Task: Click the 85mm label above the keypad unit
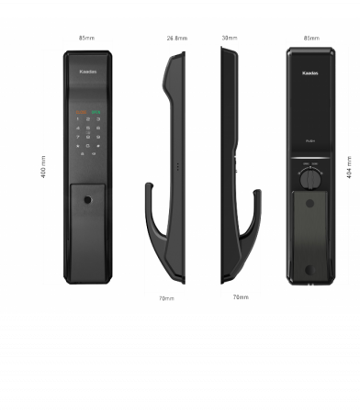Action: tap(88, 39)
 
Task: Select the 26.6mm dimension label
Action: tap(177, 39)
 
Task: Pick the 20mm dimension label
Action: tap(242, 298)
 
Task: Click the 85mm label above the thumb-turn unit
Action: tap(310, 39)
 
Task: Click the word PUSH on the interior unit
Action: tap(310, 138)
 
